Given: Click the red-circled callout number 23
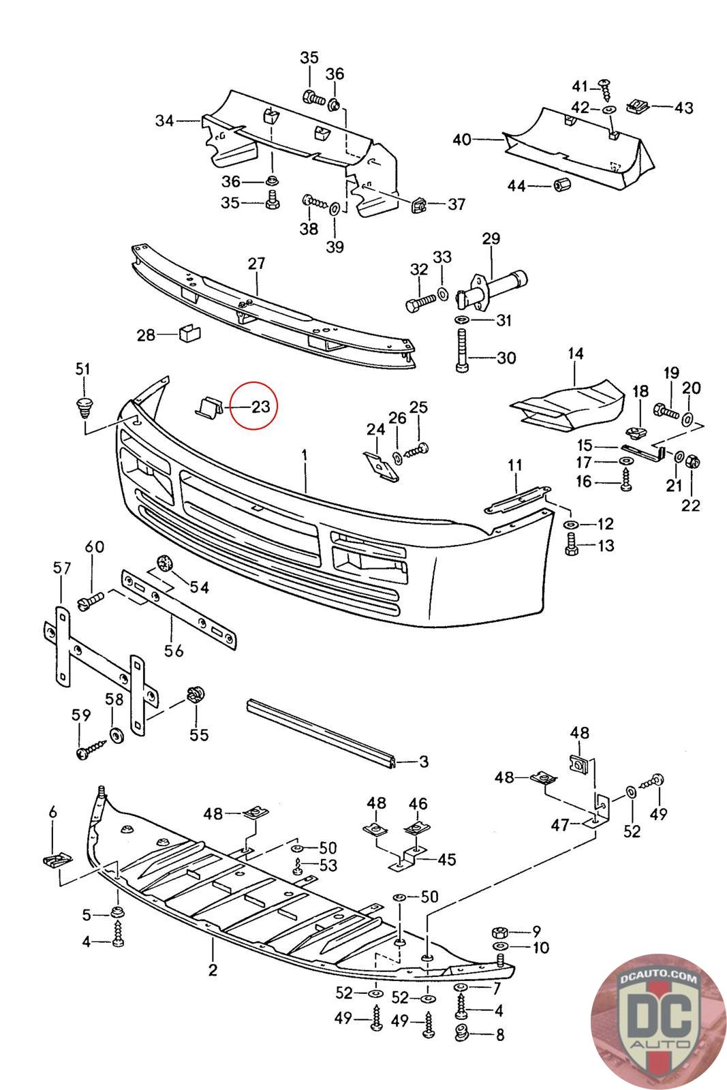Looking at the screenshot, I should click(x=260, y=407).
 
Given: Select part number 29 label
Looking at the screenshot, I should click(x=491, y=238).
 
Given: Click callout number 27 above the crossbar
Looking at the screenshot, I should click(x=256, y=264).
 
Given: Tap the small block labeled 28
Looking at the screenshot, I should click(x=187, y=334).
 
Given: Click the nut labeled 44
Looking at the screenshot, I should click(x=562, y=184).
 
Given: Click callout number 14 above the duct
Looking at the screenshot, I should click(x=576, y=354).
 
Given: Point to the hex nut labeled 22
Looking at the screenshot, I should click(x=691, y=461).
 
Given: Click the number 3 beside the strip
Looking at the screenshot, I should click(x=424, y=761).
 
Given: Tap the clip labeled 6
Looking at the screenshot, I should click(x=57, y=860).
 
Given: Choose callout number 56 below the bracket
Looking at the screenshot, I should click(x=174, y=651).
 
